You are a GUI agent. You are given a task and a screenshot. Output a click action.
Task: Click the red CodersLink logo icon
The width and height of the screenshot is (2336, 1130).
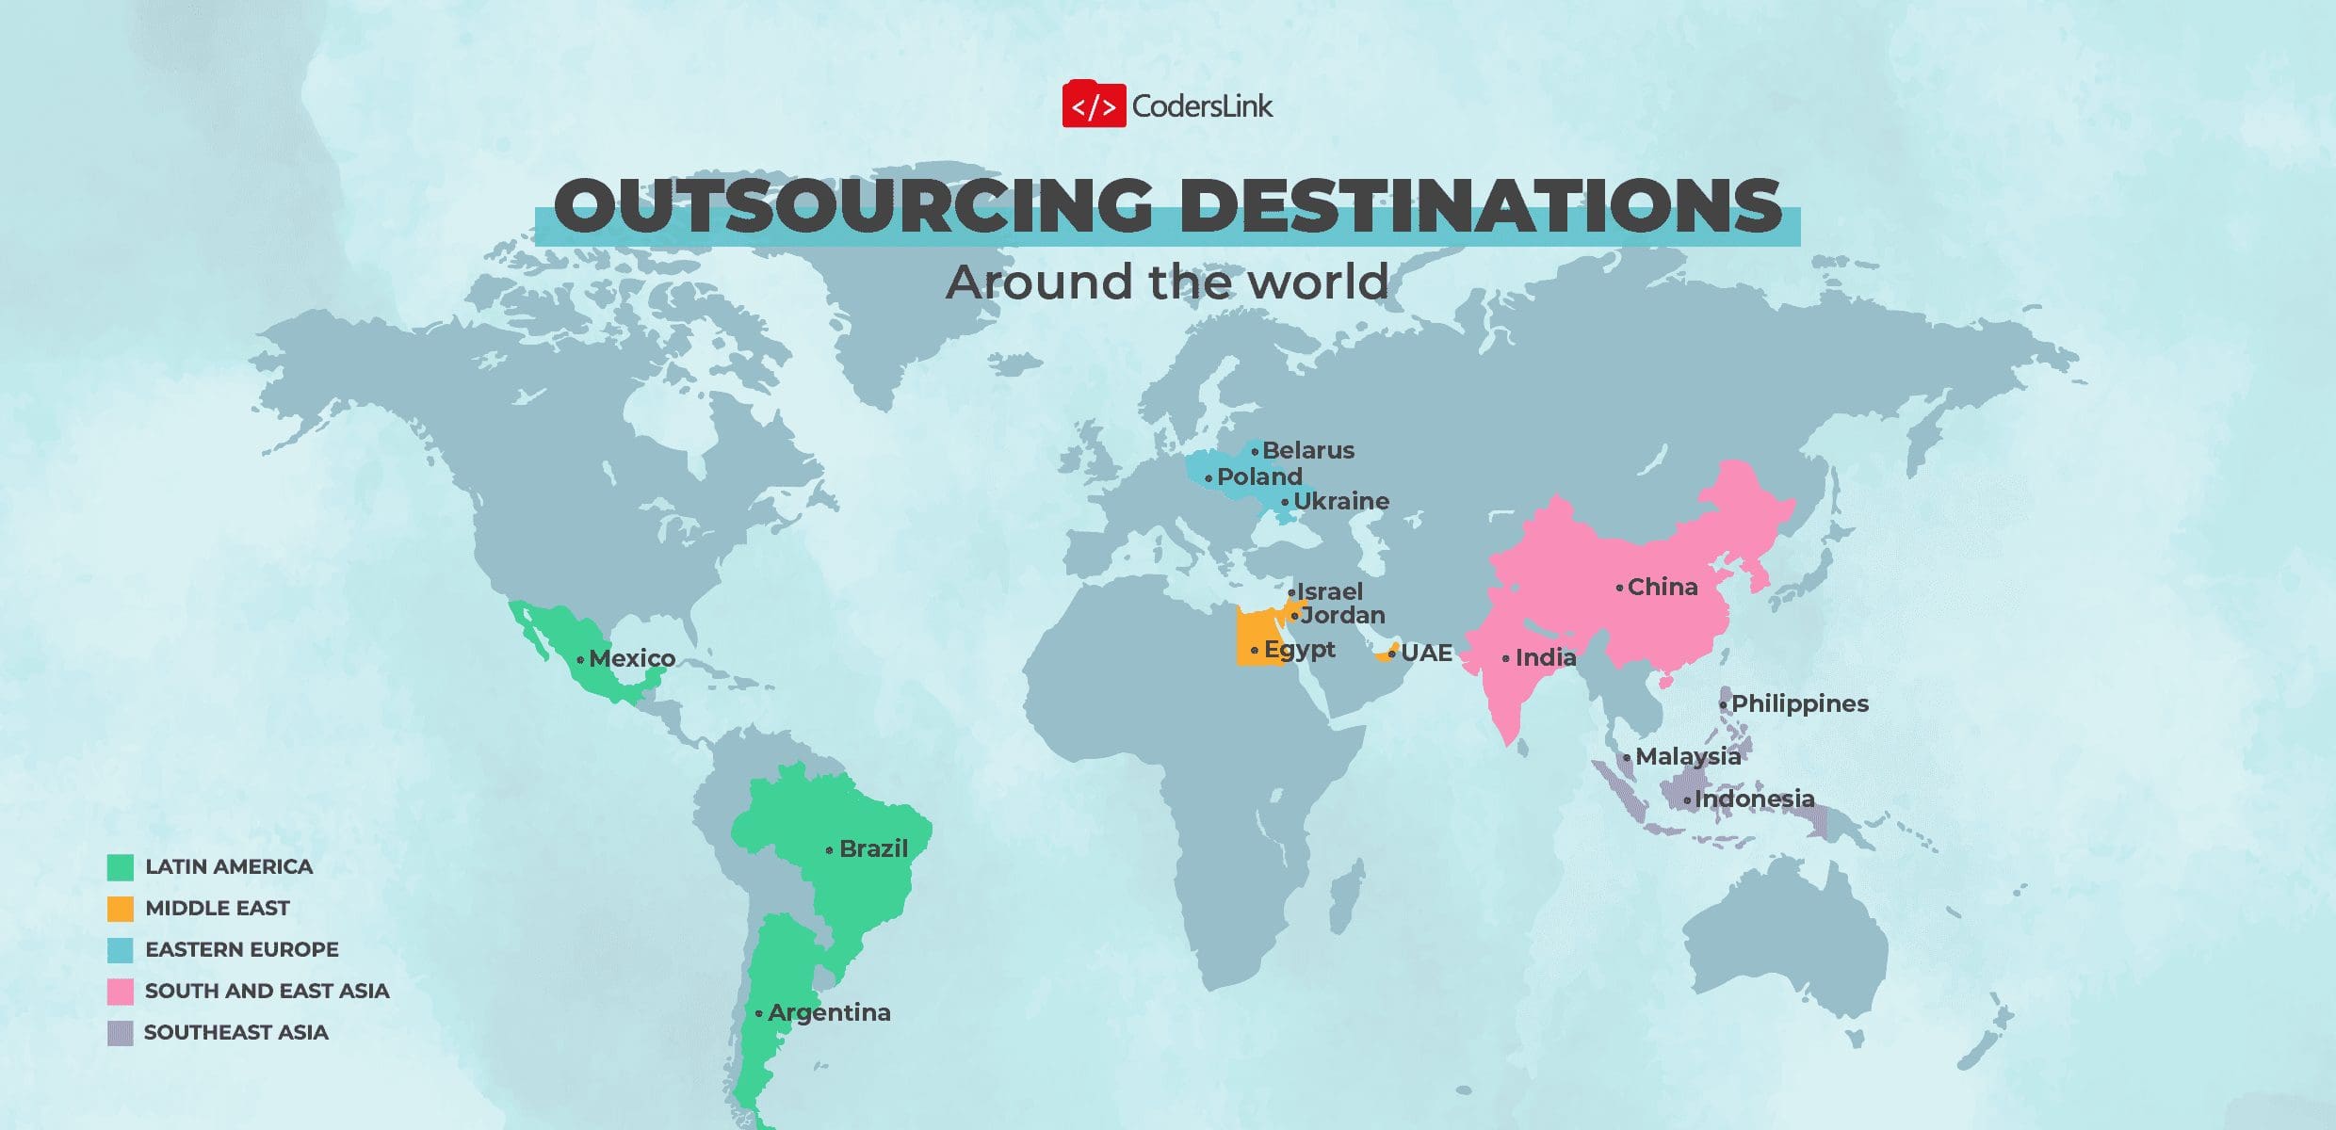[1094, 105]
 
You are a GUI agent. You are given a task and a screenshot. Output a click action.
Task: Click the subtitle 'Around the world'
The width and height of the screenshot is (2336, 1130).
[1167, 282]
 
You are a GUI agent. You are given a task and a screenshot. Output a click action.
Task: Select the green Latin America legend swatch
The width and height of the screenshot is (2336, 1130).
[121, 866]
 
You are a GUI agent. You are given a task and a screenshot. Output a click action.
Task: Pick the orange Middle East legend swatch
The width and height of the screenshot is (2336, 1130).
[121, 908]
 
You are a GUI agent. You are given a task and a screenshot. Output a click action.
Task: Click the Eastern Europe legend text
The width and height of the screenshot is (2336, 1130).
[241, 949]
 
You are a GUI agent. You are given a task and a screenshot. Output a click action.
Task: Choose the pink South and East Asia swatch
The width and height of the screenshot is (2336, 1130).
[121, 991]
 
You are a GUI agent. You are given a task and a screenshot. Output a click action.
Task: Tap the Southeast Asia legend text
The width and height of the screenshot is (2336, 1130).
[235, 1032]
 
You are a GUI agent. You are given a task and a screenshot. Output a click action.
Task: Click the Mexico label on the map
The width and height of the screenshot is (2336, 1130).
[631, 658]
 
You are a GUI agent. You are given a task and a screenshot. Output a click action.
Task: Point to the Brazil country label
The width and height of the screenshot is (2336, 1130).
[873, 848]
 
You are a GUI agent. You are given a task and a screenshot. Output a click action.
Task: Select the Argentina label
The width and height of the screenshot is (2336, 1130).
[829, 1012]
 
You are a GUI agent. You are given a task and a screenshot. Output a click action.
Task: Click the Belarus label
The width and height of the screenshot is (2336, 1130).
[1307, 450]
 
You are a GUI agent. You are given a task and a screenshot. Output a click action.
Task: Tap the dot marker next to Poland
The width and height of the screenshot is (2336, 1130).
[1209, 478]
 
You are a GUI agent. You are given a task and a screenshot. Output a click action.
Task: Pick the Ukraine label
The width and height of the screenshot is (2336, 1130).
[1340, 501]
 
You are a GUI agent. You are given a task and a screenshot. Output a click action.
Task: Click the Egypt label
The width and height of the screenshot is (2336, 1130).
[1299, 649]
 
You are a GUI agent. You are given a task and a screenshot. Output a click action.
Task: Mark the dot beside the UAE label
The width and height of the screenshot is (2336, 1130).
[1391, 654]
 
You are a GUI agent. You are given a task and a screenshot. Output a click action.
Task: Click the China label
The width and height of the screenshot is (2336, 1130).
[1663, 587]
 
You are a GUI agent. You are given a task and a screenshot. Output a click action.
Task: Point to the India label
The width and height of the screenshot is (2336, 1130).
[1545, 657]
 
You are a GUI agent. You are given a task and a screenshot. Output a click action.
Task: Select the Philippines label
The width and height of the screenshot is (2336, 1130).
[1799, 703]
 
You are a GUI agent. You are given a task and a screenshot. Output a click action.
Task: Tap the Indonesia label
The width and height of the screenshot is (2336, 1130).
[1754, 799]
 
